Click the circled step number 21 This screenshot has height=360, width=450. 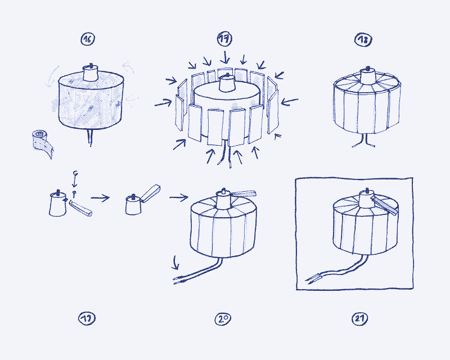click(360, 319)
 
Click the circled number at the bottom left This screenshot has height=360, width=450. click(85, 319)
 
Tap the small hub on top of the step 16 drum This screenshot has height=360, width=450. click(91, 72)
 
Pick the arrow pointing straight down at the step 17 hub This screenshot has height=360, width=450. click(226, 56)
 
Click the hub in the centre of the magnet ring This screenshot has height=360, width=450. click(227, 82)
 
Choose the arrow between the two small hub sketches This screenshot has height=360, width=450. click(100, 197)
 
